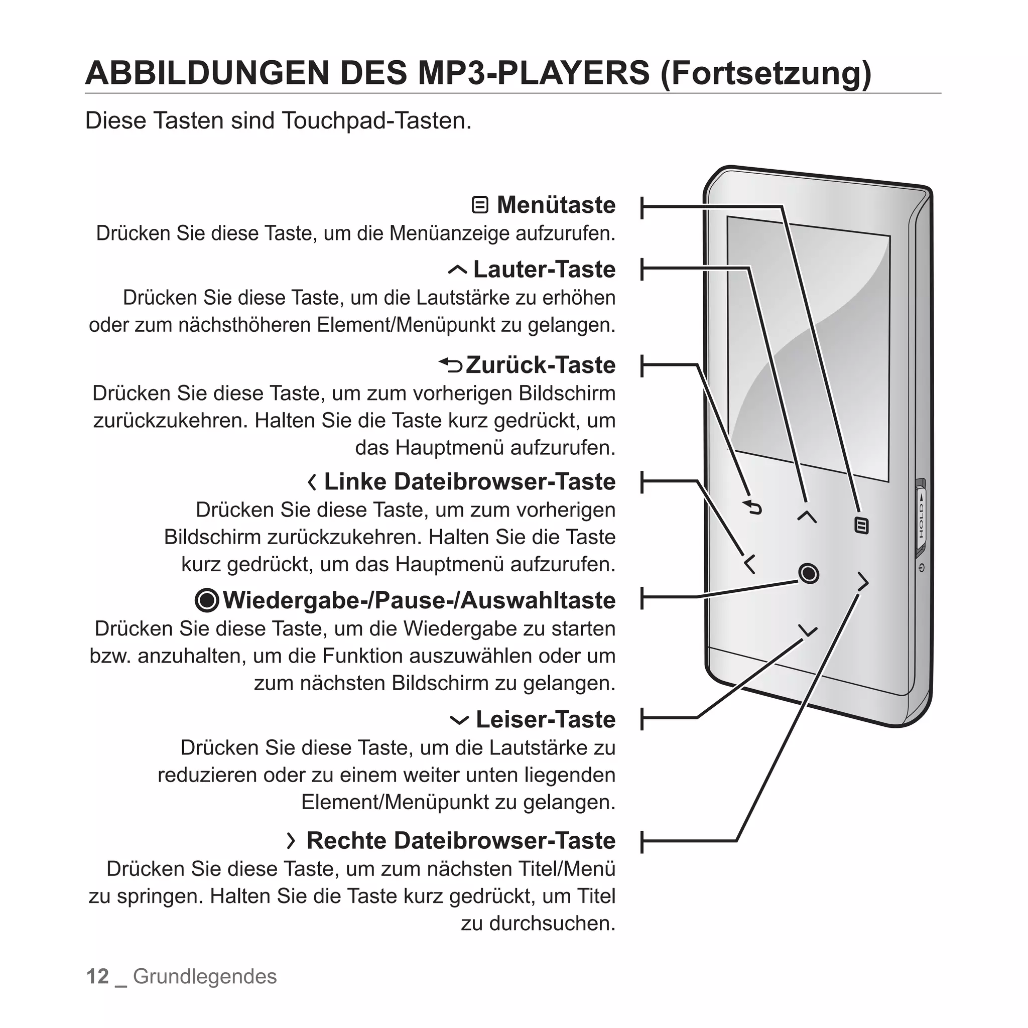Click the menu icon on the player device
pos(861,526)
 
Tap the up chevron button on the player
pos(807,516)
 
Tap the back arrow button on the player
pos(753,507)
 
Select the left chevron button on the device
pos(749,564)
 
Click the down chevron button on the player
pos(808,631)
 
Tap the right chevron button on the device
pos(862,582)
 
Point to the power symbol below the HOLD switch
pos(922,568)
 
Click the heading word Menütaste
pos(556,205)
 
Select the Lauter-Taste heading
pos(544,269)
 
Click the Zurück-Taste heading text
pos(540,365)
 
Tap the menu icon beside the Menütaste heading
pos(480,205)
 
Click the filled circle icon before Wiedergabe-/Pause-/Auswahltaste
pos(207,601)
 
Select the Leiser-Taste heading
pos(546,719)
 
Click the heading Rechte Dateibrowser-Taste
pos(461,841)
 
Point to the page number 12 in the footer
pos(97,976)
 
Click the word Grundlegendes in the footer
pos(205,976)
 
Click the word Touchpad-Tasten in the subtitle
pos(375,121)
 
